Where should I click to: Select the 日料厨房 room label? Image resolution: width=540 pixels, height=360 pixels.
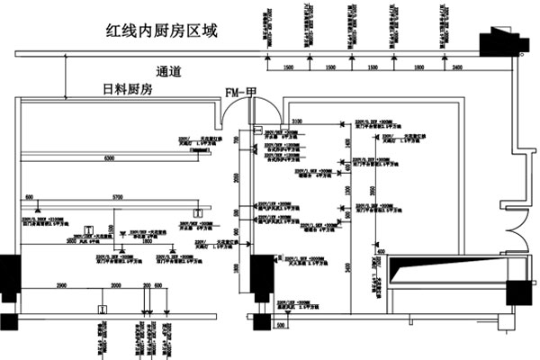[x=131, y=90]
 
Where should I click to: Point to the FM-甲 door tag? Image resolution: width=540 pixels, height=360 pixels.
[x=241, y=91]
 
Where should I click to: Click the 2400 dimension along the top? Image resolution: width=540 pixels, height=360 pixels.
[x=458, y=68]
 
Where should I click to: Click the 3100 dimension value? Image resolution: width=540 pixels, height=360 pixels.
[x=297, y=121]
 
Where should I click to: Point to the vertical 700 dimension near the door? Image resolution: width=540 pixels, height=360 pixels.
[x=237, y=141]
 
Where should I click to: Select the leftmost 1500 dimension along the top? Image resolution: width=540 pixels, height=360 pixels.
[x=289, y=68]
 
